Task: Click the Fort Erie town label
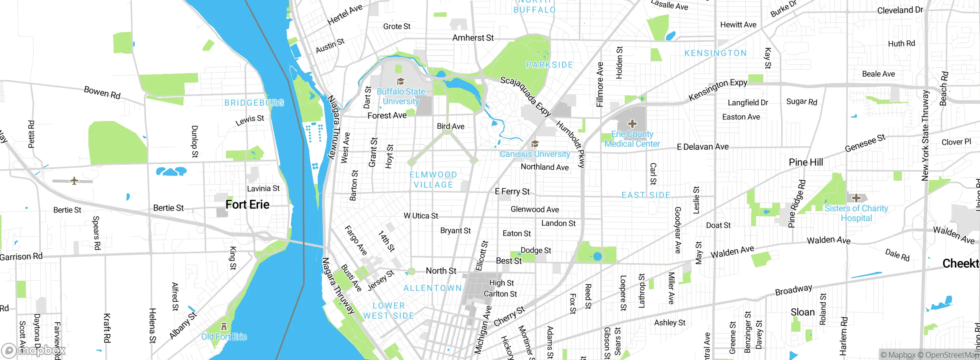click(247, 205)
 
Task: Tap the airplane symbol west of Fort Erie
click(74, 180)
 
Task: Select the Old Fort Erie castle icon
click(224, 327)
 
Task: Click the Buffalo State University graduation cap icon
click(400, 81)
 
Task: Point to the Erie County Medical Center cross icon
click(632, 124)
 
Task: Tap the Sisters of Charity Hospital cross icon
click(856, 198)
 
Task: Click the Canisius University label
click(535, 154)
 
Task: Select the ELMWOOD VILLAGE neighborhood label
click(433, 180)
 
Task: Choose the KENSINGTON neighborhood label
click(715, 53)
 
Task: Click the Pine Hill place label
click(806, 162)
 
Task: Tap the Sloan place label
click(803, 313)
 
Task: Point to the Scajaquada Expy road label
click(525, 96)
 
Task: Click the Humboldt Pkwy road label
click(571, 144)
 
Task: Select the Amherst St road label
click(473, 38)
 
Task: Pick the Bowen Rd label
click(102, 92)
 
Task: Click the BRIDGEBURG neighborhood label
click(254, 103)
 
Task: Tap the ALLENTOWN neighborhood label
click(433, 288)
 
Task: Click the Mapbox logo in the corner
click(34, 350)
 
